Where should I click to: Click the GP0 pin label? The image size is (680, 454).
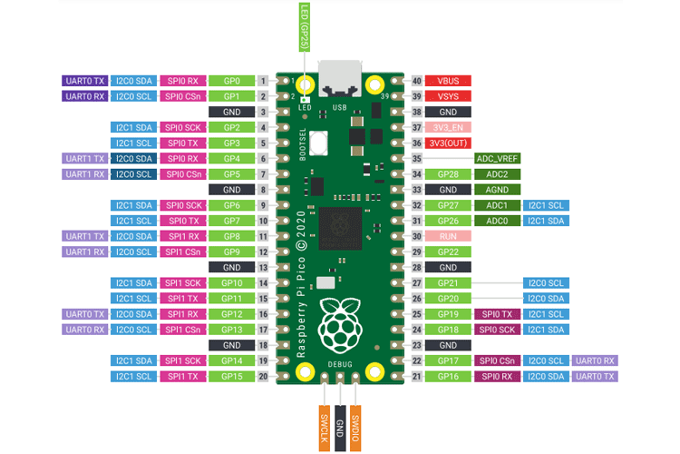click(x=230, y=81)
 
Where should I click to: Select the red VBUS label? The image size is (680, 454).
click(x=448, y=81)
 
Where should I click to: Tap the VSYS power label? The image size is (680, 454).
click(x=448, y=96)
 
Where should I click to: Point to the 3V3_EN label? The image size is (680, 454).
click(x=448, y=127)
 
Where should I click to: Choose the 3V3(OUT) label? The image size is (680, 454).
click(x=448, y=143)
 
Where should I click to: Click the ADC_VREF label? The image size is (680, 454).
click(x=497, y=158)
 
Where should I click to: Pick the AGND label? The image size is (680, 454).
click(x=497, y=190)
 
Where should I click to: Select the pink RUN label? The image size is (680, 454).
click(x=448, y=236)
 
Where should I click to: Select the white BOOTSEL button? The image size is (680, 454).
click(x=317, y=143)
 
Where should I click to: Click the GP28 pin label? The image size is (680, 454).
click(x=448, y=174)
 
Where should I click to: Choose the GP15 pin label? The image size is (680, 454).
click(x=230, y=376)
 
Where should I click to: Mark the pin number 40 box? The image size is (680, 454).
click(x=417, y=81)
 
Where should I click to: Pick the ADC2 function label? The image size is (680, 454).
click(x=497, y=174)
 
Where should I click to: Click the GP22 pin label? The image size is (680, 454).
click(x=448, y=252)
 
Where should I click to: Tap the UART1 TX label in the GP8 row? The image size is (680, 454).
click(x=85, y=236)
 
